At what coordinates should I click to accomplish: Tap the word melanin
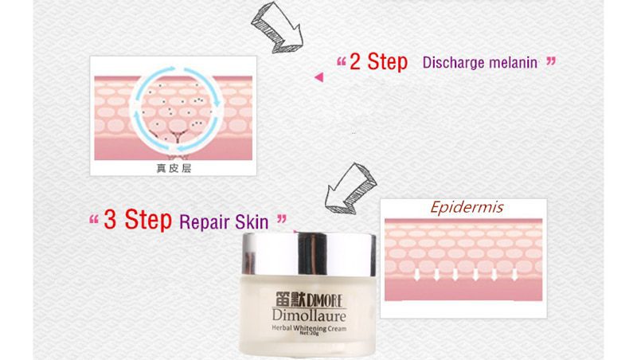pos(510,62)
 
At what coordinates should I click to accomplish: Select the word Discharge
pos(451,62)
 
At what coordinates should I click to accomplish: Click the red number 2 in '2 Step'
pos(357,61)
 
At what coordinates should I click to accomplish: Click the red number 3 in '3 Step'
pos(111,220)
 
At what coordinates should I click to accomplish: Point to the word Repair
pos(206,221)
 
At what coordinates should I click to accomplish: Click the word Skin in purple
pos(252,221)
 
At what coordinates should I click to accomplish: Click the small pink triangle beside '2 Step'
pos(318,76)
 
